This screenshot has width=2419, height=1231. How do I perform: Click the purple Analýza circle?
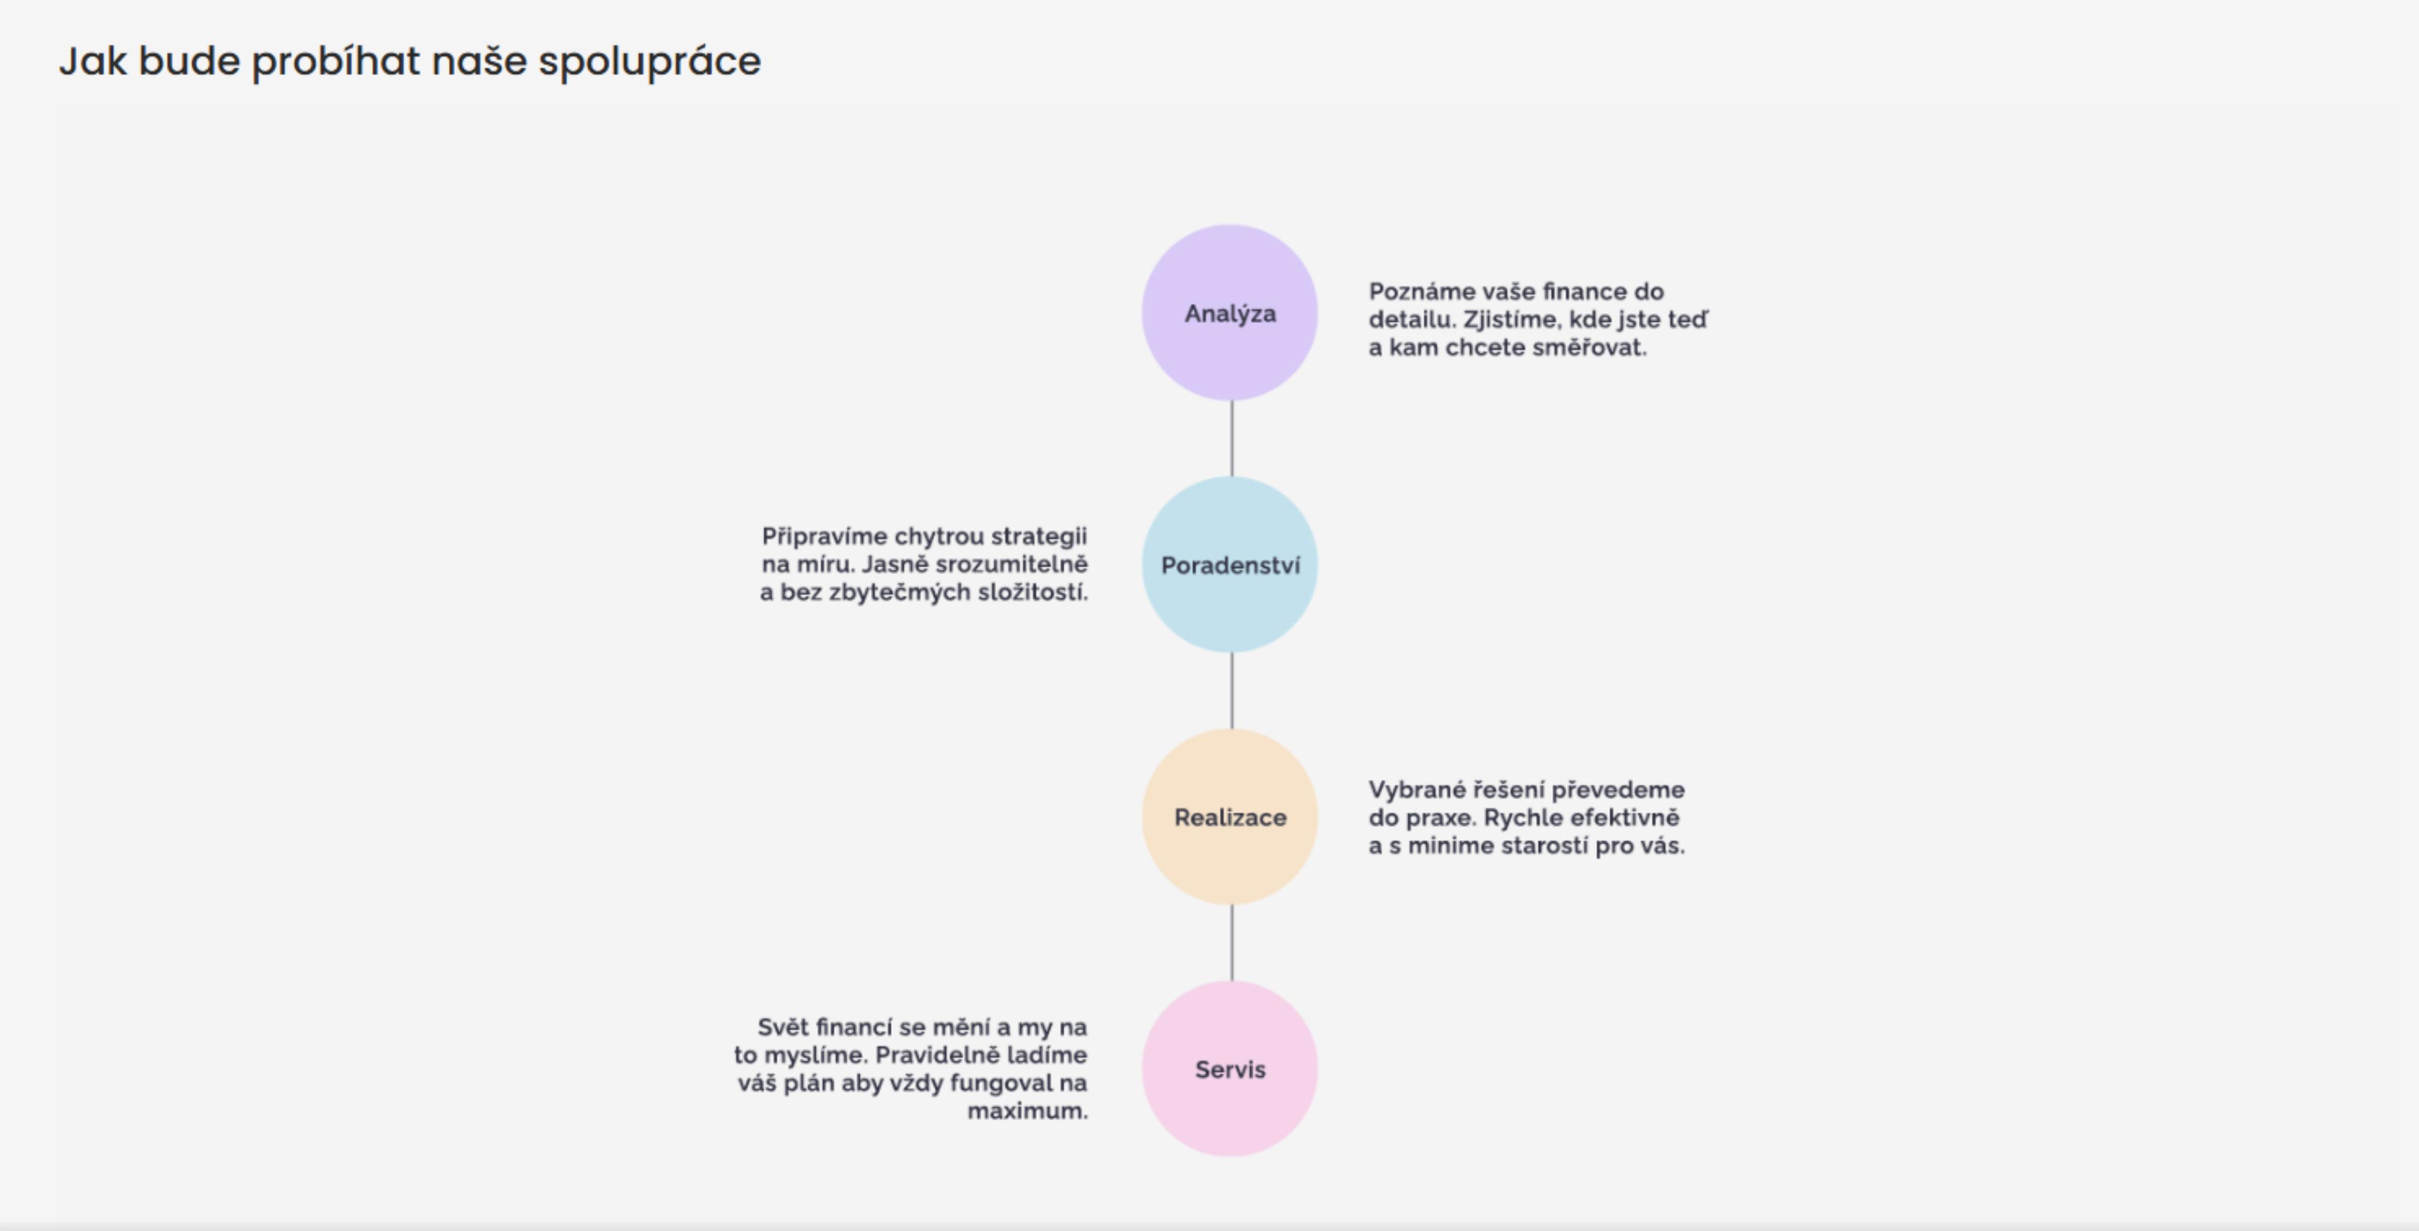coord(1230,313)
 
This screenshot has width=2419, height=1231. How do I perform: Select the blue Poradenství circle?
coord(1230,564)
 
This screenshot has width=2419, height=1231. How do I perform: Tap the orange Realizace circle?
coord(1230,817)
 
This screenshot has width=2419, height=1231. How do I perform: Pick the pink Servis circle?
coord(1230,1068)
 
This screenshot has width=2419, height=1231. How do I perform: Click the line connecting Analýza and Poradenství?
coord(1232,438)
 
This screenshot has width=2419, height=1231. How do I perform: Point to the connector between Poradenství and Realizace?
coord(1232,690)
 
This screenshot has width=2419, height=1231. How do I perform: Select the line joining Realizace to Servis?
coord(1232,943)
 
